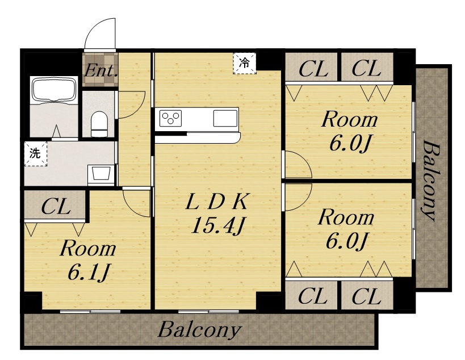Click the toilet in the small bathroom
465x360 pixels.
pos(99,124)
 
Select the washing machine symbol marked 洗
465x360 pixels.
pos(36,154)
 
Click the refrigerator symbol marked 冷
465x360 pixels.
pos(245,63)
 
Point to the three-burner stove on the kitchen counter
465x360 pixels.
pos(170,118)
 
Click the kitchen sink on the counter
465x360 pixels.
pos(225,118)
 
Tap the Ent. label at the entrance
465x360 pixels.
pos(100,71)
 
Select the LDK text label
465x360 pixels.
pos(216,202)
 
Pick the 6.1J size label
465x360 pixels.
pos(89,272)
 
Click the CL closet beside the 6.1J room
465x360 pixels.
pos(56,206)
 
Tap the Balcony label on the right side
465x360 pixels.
pos(430,181)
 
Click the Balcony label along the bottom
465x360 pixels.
pos(199,329)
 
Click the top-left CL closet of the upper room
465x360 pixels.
pos(311,67)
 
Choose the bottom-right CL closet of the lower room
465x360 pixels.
pos(367,295)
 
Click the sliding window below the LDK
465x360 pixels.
pos(209,311)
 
